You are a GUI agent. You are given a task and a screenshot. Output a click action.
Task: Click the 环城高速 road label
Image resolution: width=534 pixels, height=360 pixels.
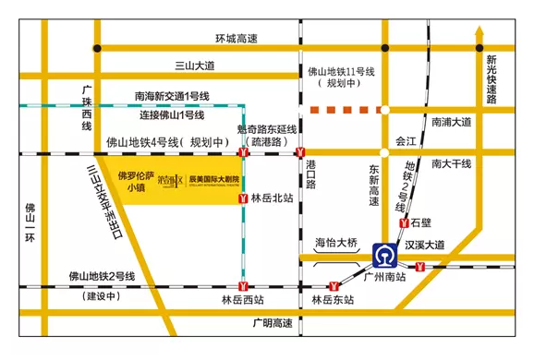236,38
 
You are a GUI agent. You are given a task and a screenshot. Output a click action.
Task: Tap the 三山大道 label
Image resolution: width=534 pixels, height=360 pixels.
194,66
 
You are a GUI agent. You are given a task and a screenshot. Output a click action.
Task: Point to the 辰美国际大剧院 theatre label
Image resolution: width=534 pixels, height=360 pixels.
213,179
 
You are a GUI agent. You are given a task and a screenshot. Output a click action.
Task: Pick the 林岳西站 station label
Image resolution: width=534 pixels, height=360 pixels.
242,300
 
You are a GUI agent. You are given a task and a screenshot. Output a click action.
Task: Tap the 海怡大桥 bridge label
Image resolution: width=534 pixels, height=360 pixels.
335,243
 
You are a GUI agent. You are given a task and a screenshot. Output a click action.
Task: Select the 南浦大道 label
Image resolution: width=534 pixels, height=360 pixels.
451,122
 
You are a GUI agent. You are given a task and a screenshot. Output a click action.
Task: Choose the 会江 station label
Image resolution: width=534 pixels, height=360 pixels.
407,142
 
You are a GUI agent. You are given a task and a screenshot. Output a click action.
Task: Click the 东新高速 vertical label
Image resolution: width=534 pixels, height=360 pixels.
374,186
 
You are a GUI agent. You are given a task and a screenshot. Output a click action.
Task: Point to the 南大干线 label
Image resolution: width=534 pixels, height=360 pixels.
451,163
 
